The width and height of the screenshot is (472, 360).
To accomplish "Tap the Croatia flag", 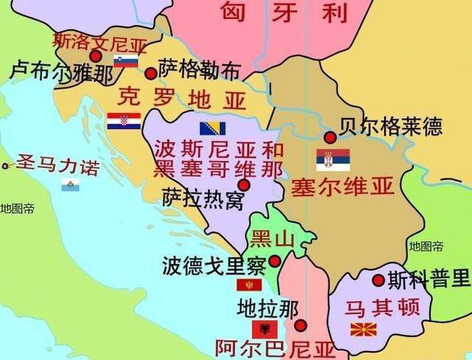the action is click(123, 121).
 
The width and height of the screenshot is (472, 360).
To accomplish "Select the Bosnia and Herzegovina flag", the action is click(212, 128).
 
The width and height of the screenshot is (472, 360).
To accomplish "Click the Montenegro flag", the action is click(249, 285).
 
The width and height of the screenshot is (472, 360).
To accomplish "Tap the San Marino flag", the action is click(71, 184).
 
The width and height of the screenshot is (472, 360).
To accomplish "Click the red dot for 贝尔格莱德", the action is click(330, 137).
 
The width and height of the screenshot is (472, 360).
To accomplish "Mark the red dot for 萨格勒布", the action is click(151, 73).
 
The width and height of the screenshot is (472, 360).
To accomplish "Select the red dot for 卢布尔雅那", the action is click(95, 56).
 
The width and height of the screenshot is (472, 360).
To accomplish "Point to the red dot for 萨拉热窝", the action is click(243, 184).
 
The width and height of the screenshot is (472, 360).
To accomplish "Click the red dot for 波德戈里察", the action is click(275, 261).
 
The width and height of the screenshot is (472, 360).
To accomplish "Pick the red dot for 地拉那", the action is click(300, 325).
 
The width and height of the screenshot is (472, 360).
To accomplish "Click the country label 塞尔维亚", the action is click(343, 186).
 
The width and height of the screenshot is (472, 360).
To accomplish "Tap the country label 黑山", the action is click(272, 238).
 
